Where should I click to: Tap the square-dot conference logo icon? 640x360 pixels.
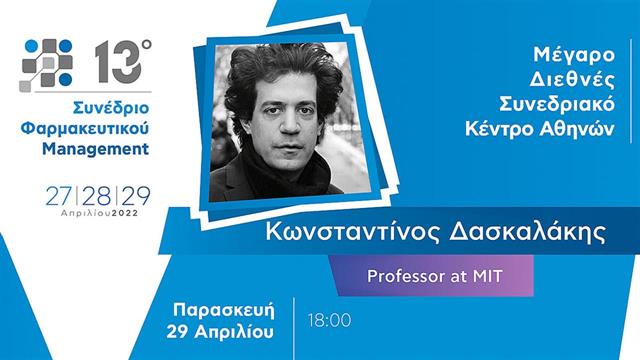48,63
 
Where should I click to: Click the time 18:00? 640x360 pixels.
331,321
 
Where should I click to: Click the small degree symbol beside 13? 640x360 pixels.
146,45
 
